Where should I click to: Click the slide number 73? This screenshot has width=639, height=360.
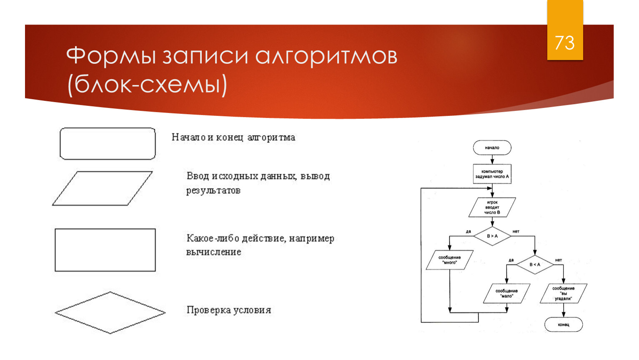point(564,43)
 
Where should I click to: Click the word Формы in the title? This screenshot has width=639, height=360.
point(111,56)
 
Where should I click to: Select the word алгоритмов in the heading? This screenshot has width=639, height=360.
point(326,57)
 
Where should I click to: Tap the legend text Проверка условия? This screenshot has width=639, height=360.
point(229,310)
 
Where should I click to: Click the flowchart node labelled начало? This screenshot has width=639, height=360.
point(492,147)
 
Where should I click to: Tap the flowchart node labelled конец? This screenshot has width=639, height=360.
point(564,325)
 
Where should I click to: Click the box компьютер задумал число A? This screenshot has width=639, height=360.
point(492,174)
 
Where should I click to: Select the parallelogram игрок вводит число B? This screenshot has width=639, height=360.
point(492,207)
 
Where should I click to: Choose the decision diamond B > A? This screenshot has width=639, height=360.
point(492,236)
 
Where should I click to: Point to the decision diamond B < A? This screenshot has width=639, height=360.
point(535,265)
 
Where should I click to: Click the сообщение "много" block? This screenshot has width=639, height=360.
point(450,260)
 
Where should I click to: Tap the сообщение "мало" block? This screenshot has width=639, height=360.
point(506,293)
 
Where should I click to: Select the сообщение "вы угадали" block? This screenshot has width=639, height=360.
point(564,293)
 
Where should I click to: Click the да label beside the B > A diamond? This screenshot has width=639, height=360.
point(469,231)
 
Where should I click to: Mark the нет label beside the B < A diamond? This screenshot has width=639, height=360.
point(558,260)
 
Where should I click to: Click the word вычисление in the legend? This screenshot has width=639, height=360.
point(214,252)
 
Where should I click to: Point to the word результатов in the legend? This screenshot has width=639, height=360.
point(213,190)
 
